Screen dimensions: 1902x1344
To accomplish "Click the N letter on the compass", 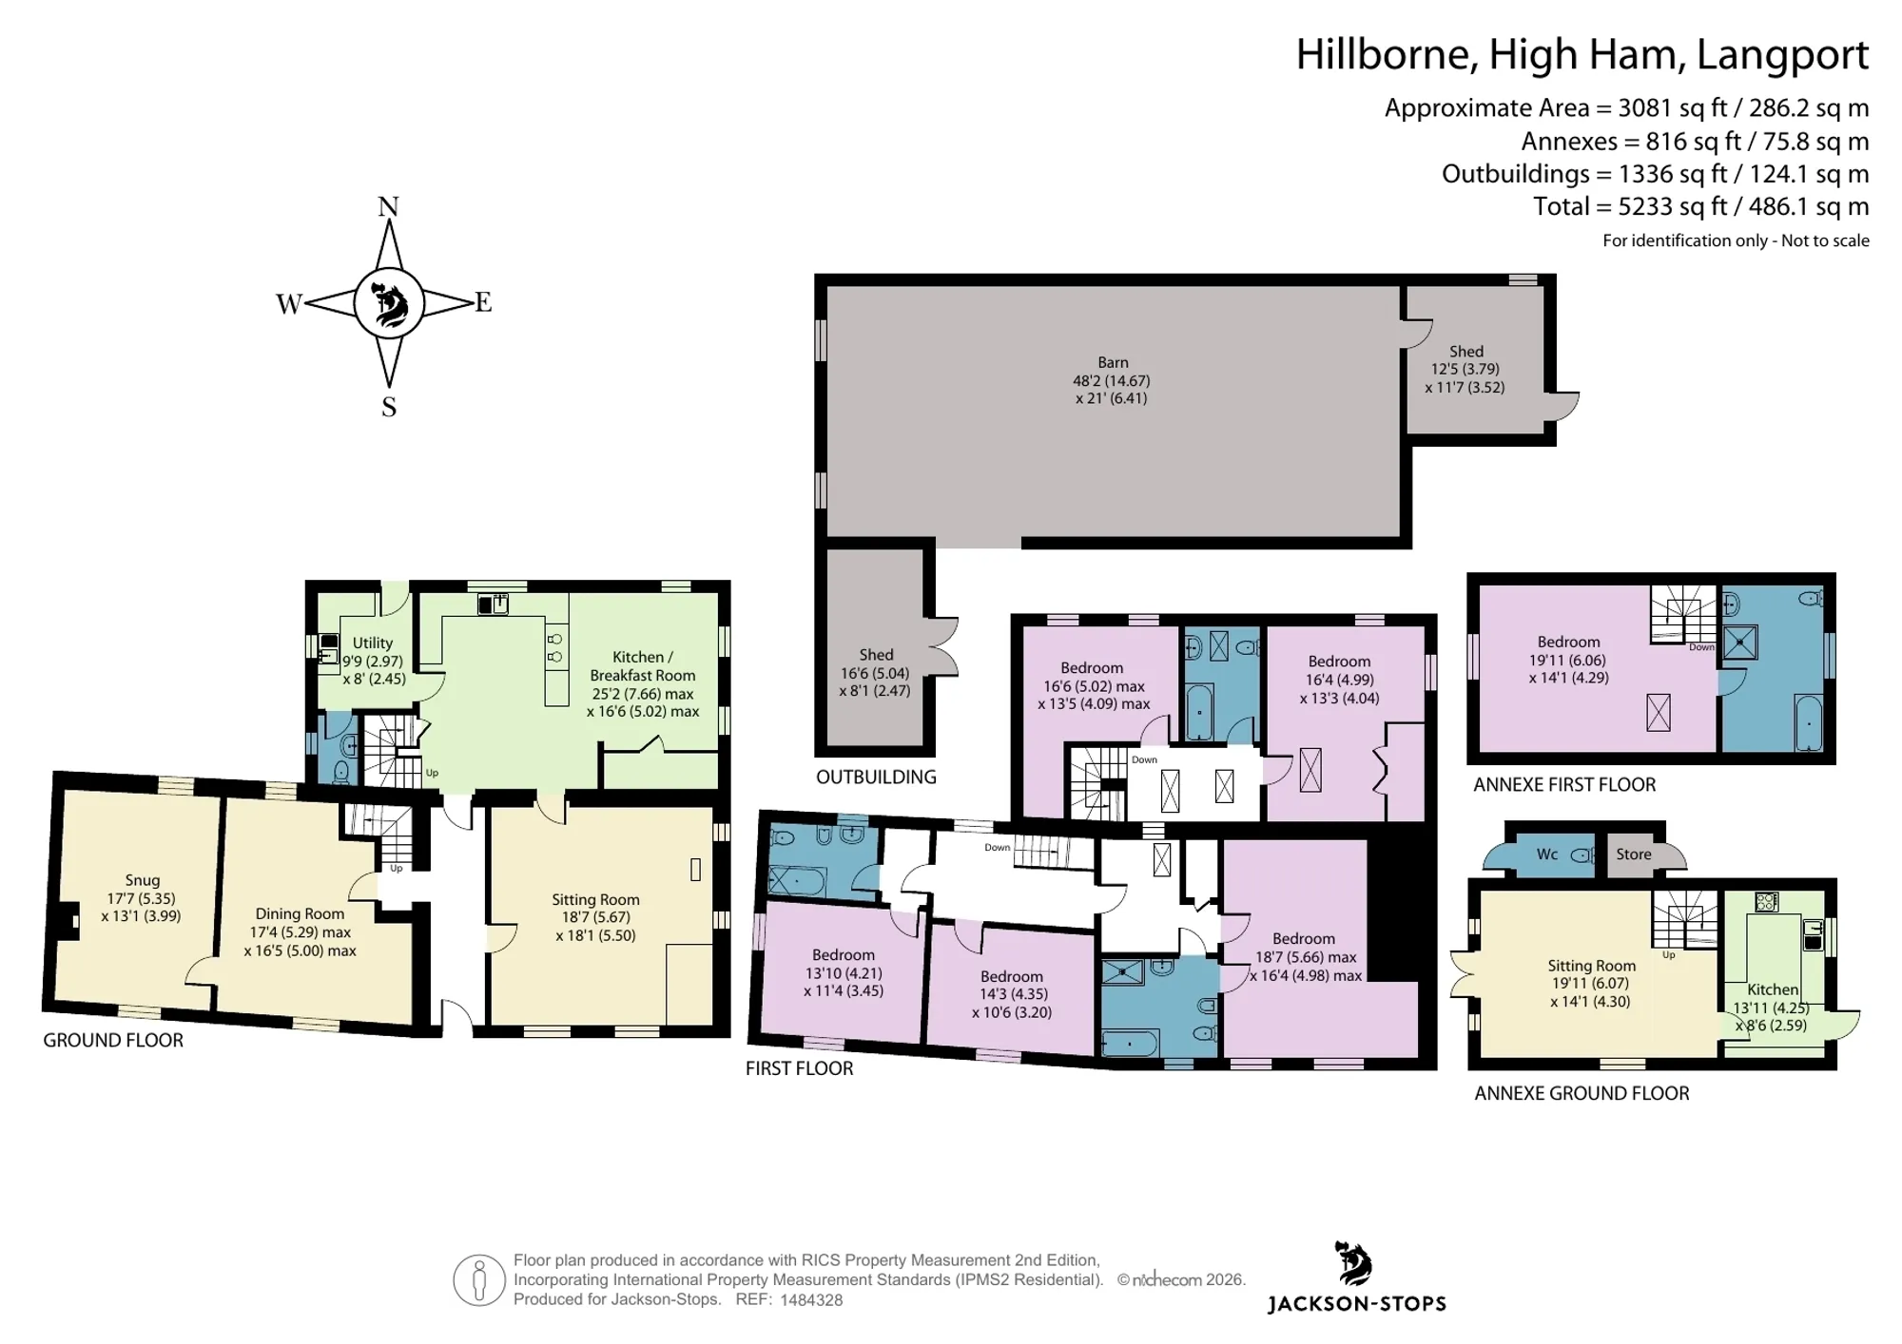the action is (388, 207).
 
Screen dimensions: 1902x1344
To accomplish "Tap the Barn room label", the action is (1113, 362).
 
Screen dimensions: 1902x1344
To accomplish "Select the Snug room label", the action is (143, 880).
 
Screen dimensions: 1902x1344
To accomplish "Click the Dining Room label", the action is (300, 914).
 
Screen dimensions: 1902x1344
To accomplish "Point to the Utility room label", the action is (373, 643).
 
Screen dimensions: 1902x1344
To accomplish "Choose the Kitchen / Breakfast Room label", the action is (643, 666).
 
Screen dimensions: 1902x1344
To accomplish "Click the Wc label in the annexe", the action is (1547, 854).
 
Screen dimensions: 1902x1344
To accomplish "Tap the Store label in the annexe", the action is (1634, 854).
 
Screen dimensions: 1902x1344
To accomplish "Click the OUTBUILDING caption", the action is (876, 778).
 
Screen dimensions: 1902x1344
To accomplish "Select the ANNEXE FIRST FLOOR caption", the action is (1564, 785).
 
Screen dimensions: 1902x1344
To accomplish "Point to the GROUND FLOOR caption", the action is (113, 1041).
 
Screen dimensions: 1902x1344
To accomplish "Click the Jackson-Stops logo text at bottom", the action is (1357, 1304).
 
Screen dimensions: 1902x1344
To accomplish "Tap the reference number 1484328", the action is (811, 1300).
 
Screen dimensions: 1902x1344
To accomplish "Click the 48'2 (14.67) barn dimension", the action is (1112, 380).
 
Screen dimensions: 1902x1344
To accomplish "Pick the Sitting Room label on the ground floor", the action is (595, 899).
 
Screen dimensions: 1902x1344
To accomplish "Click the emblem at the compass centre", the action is (388, 303).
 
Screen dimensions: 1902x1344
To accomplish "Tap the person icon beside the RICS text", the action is (479, 1279).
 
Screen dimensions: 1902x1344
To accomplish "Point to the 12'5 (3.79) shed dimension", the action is (1465, 369).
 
